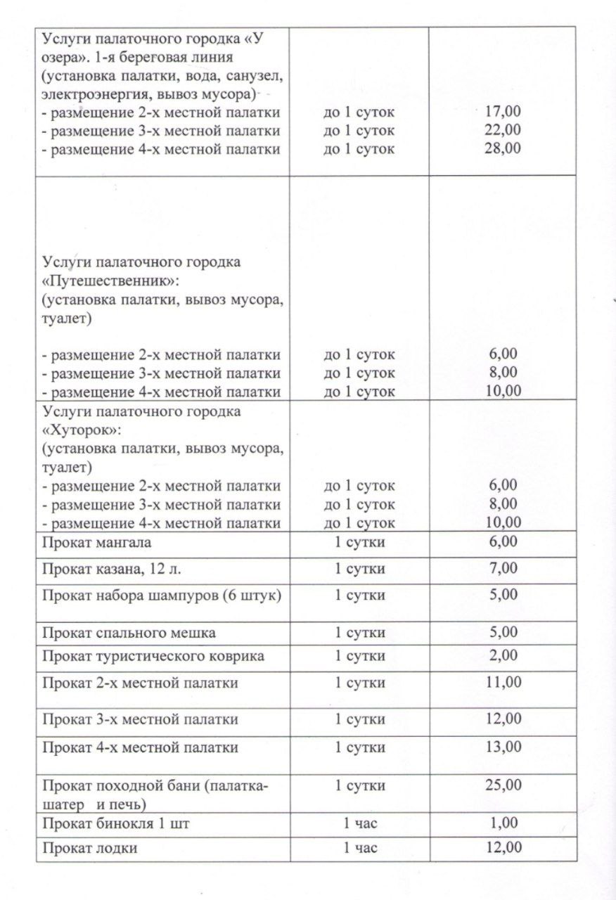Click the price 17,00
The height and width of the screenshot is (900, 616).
503,112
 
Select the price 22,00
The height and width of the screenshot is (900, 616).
503,130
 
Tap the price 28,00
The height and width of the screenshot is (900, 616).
503,148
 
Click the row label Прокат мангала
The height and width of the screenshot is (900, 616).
96,542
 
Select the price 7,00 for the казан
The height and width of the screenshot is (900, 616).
503,568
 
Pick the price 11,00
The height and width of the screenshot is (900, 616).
503,682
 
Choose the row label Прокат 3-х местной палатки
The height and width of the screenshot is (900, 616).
140,719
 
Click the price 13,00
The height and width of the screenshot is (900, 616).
503,746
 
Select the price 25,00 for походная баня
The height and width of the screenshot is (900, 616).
503,785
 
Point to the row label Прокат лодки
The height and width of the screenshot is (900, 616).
89,848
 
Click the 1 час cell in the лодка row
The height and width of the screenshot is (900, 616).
360,848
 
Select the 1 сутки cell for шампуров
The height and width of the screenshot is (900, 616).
360,595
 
